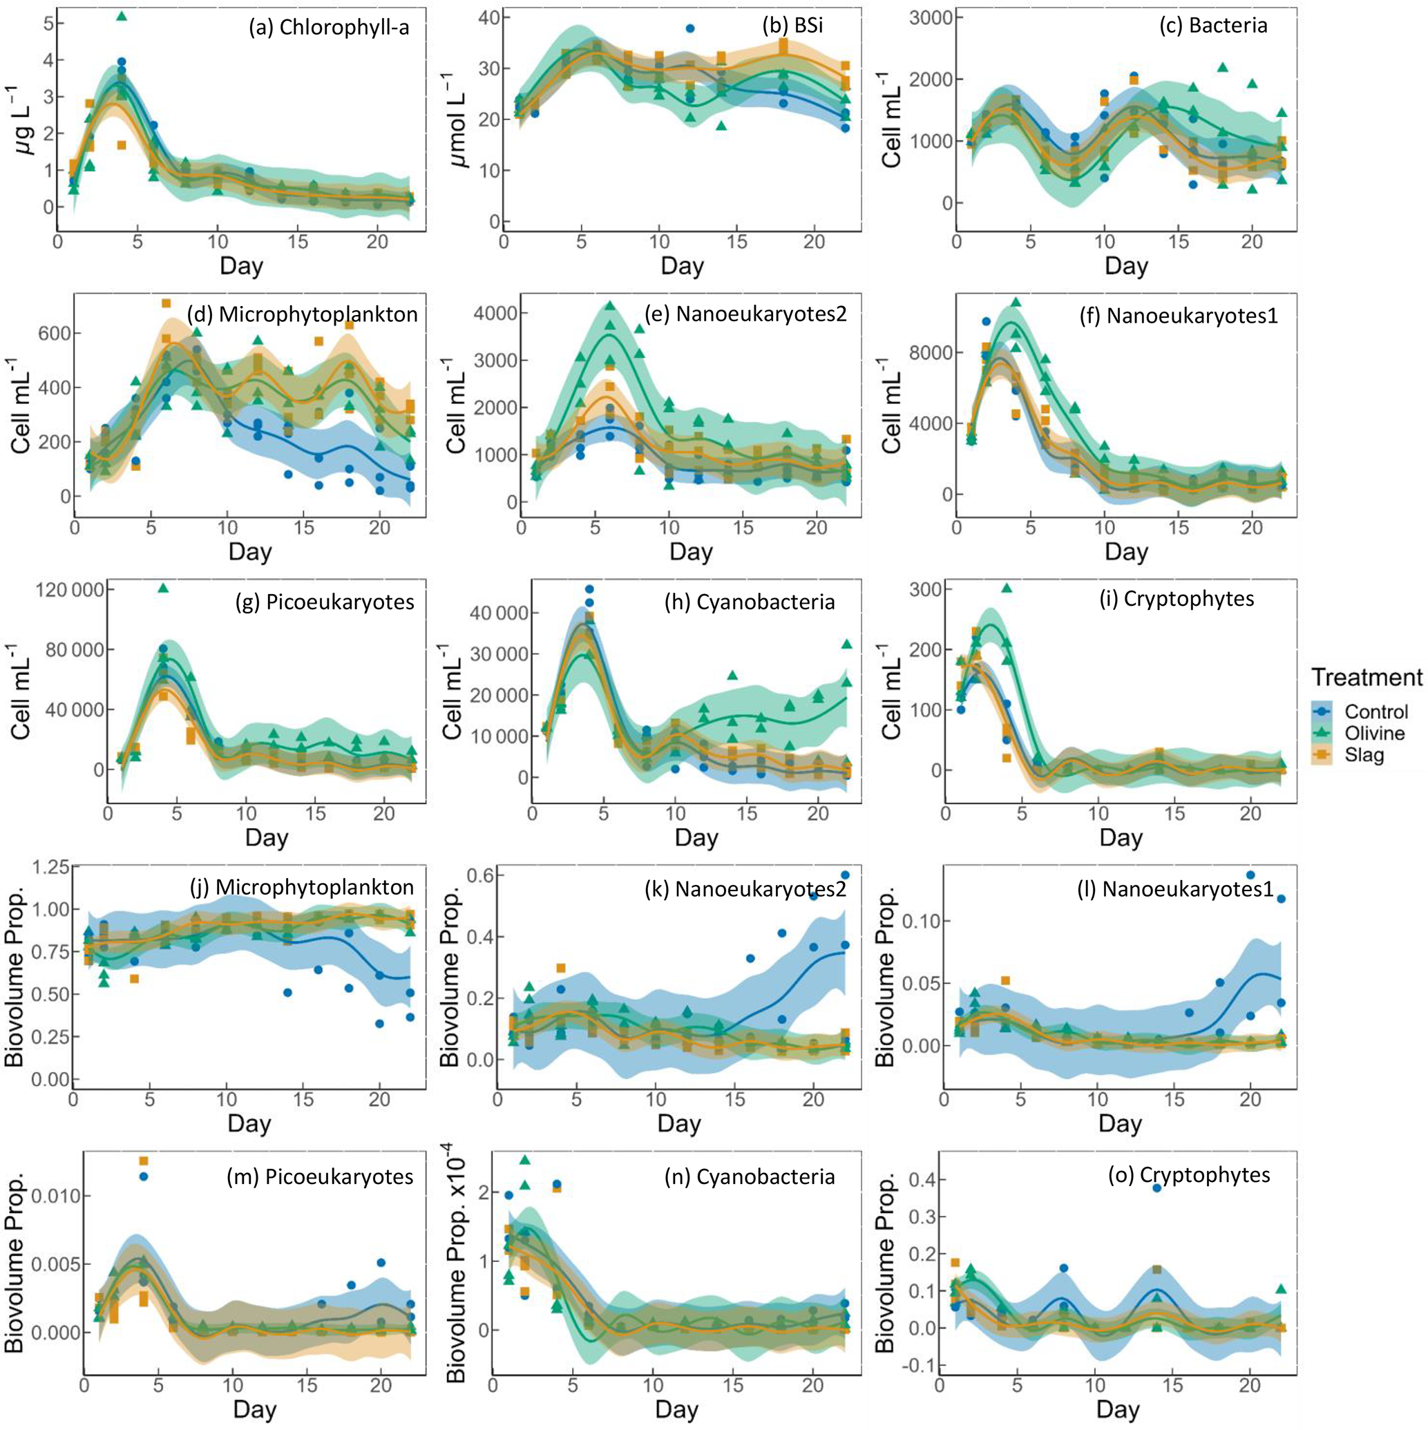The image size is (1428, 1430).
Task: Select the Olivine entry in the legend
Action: point(1375,733)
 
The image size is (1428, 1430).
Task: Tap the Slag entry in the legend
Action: point(1364,755)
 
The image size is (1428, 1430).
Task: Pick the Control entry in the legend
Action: point(1376,712)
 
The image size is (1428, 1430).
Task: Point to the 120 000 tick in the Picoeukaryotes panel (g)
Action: point(71,589)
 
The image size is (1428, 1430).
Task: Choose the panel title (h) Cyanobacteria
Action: point(750,602)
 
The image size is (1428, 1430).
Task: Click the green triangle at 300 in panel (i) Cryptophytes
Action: point(1007,589)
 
